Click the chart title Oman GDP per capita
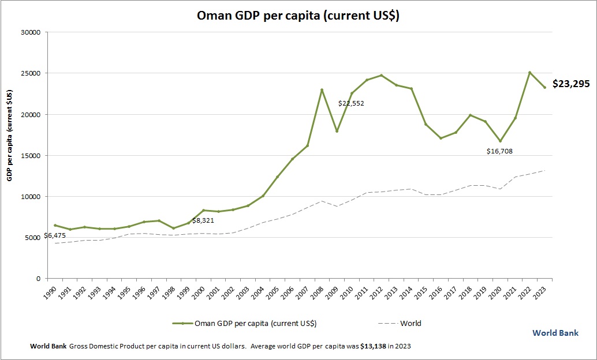298,16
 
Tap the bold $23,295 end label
570,84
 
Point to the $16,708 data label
499,151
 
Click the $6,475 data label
54,236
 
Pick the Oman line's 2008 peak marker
322,90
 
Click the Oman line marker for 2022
529,73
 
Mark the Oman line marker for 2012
381,76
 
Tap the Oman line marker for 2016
441,138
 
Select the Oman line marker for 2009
337,131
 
